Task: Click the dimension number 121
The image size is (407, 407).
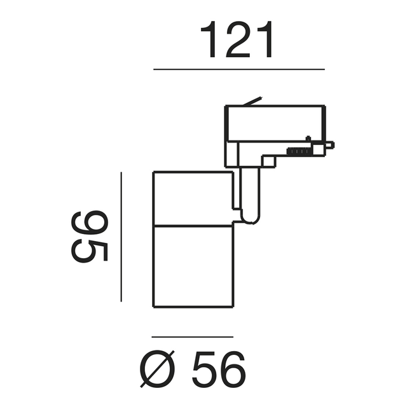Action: pos(237,39)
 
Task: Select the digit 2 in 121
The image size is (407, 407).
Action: pos(237,39)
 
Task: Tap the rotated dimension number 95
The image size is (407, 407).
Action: pos(89,237)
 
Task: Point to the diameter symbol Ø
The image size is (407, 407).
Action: pos(157,369)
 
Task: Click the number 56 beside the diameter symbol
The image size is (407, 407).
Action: pos(219,369)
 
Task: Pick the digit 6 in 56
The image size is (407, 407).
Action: pos(233,369)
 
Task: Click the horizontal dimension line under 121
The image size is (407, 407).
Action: pos(239,69)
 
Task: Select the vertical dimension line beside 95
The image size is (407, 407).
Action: pos(121,237)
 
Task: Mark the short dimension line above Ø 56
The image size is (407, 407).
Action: pos(192,337)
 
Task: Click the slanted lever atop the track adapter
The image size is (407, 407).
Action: pos(252,101)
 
